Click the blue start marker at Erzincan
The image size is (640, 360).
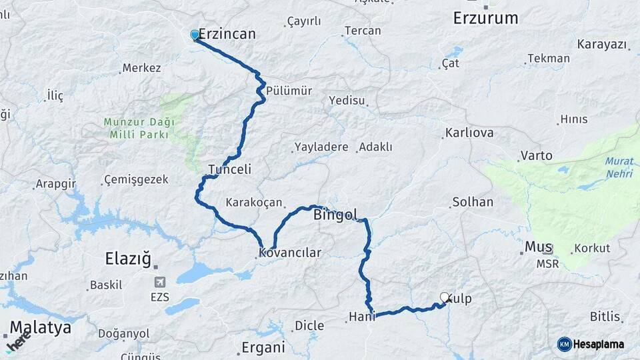pyautogui.click(x=195, y=35)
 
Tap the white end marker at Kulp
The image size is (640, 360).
pyautogui.click(x=445, y=298)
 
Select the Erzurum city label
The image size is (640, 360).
pyautogui.click(x=485, y=18)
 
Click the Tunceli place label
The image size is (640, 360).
pyautogui.click(x=230, y=169)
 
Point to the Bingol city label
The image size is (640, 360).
pyautogui.click(x=335, y=215)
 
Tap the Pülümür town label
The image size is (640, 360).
pyautogui.click(x=289, y=91)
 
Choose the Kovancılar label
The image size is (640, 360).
pyautogui.click(x=290, y=253)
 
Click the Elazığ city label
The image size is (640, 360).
pyautogui.click(x=129, y=258)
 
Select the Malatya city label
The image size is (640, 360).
pyautogui.click(x=41, y=327)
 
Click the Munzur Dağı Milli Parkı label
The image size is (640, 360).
pyautogui.click(x=139, y=128)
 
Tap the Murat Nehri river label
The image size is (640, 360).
pyautogui.click(x=619, y=167)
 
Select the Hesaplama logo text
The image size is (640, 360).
pyautogui.click(x=598, y=344)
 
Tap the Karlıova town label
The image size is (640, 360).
pyautogui.click(x=470, y=133)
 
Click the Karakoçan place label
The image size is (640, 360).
pyautogui.click(x=254, y=202)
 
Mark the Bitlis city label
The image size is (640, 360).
pyautogui.click(x=605, y=316)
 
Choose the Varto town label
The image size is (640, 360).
pyautogui.click(x=537, y=155)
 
